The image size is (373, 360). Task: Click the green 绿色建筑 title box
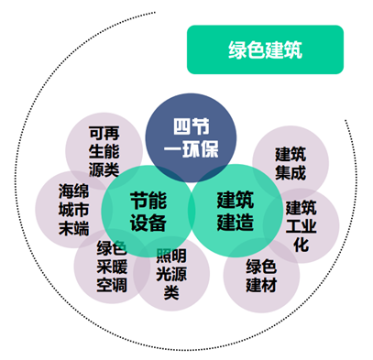coord(264,49)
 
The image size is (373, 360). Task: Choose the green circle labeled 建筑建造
coord(235,210)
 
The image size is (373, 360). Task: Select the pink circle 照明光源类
coord(170,275)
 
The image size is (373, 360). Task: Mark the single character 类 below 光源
coord(170,293)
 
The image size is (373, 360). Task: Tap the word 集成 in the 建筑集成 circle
coord(291,170)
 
